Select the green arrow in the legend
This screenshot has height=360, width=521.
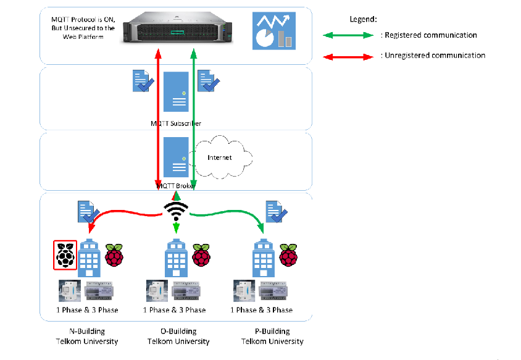pos(349,36)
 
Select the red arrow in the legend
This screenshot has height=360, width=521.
pos(349,56)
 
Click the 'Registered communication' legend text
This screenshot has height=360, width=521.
pos(430,35)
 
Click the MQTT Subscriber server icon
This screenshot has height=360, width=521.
pos(176,92)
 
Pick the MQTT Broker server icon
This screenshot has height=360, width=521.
pos(176,158)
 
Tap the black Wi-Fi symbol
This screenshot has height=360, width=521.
pos(176,212)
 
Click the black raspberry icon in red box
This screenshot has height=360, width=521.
pos(65,254)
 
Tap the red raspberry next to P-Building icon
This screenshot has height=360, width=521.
pos(288,254)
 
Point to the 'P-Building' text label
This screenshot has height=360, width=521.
pos(272,331)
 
